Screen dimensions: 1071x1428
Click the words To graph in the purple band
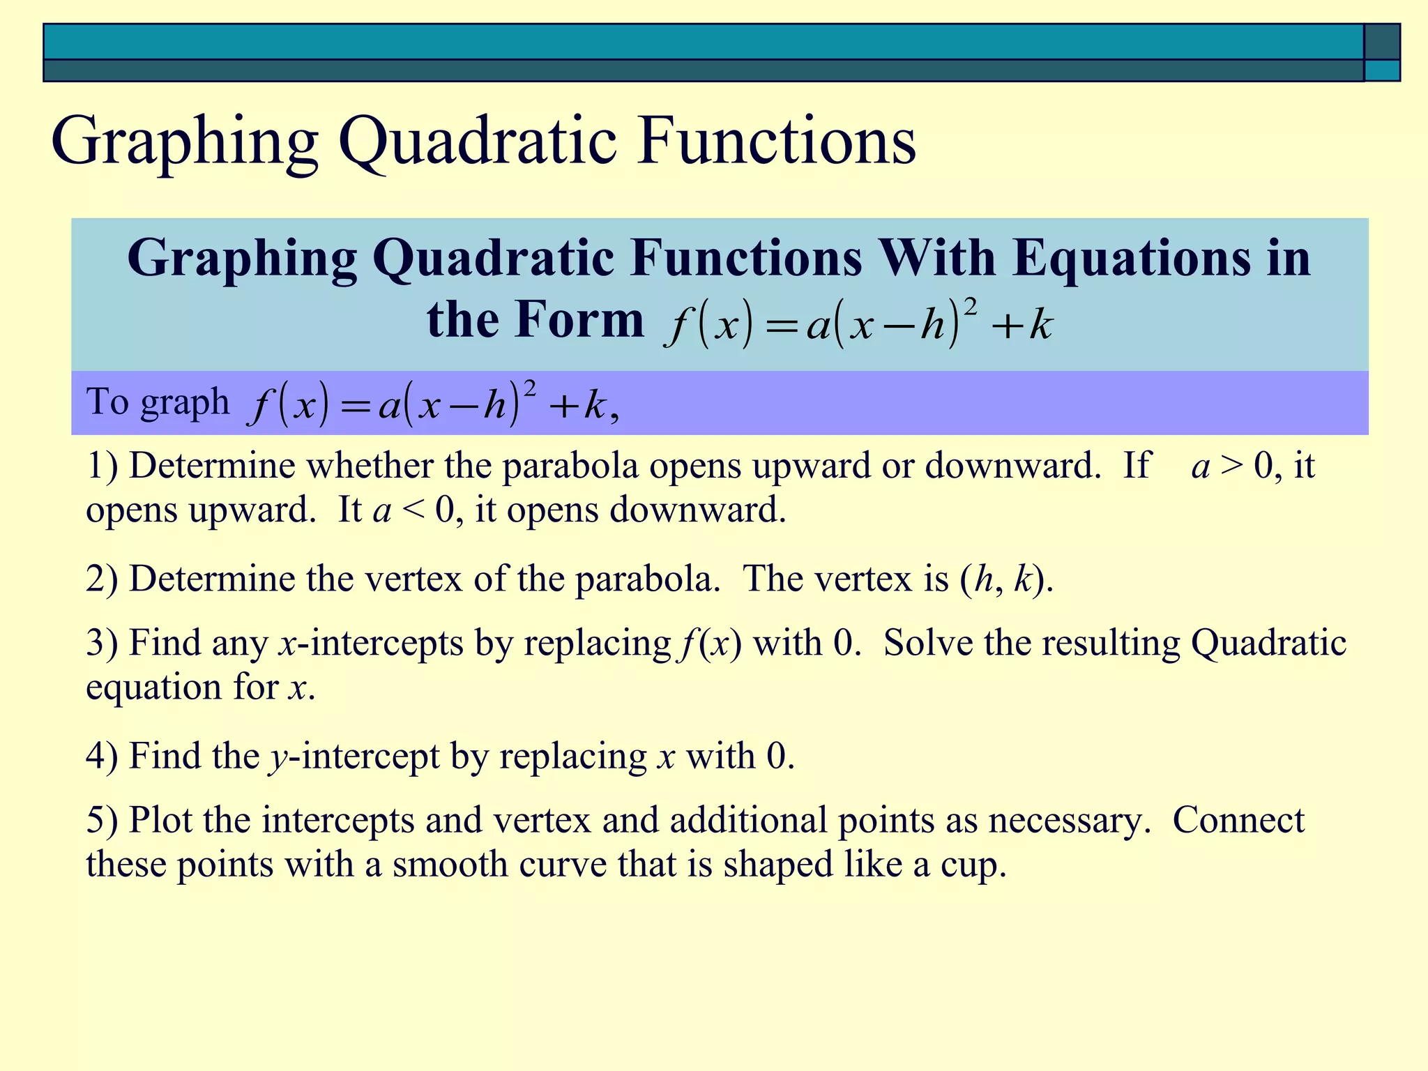coord(158,402)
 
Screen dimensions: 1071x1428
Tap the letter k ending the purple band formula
coord(594,405)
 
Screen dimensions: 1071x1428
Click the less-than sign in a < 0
coord(413,510)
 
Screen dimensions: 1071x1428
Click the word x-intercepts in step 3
coord(370,643)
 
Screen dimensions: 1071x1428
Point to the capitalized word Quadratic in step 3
coord(1268,643)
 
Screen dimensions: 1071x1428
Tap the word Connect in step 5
coord(1238,821)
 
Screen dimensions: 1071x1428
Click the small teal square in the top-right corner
coord(1381,70)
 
